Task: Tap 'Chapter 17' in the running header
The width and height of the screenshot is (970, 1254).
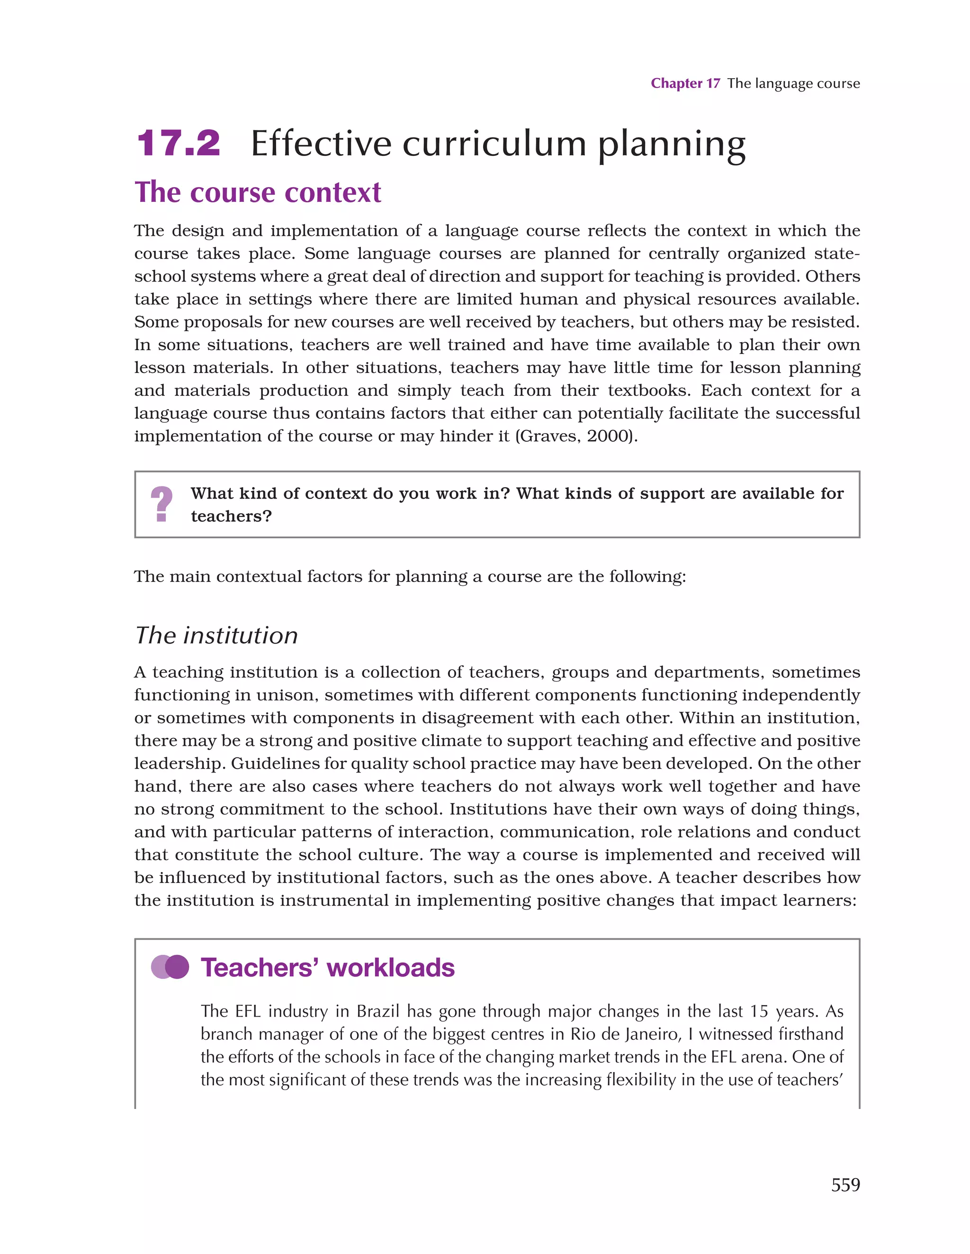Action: [x=685, y=84]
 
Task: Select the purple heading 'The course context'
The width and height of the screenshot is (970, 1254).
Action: [x=258, y=192]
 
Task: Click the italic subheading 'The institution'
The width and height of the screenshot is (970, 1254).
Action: [x=216, y=636]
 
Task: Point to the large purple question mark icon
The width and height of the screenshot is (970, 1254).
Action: [x=162, y=504]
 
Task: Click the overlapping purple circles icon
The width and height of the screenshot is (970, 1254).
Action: [x=170, y=967]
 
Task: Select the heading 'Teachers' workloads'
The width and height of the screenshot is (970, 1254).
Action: [x=328, y=967]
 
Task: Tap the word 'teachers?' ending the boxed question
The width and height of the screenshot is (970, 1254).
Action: [x=231, y=516]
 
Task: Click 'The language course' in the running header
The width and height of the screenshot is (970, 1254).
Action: [x=793, y=84]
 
